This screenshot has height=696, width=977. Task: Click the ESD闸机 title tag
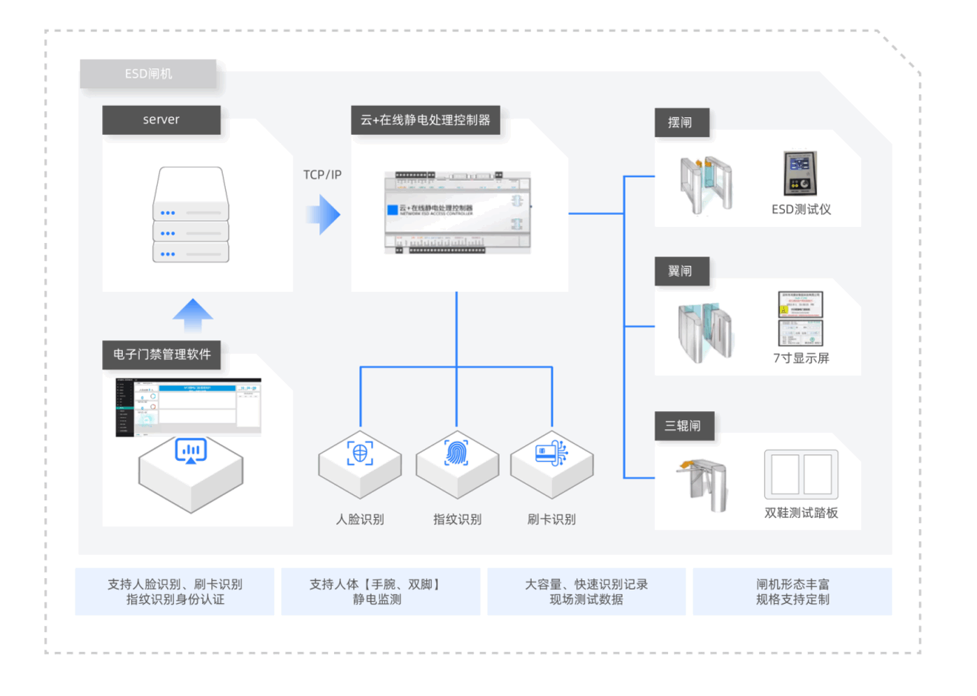pyautogui.click(x=148, y=74)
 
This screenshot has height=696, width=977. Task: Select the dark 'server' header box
pyautogui.click(x=161, y=120)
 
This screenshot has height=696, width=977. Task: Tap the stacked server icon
pyautogui.click(x=191, y=215)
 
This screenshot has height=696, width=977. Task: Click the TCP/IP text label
pyautogui.click(x=322, y=175)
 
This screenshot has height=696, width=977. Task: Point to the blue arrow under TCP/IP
pyautogui.click(x=324, y=214)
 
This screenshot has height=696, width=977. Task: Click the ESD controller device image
pyautogui.click(x=458, y=212)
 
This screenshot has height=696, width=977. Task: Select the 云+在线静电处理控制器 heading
pyautogui.click(x=425, y=120)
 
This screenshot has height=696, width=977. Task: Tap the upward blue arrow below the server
pyautogui.click(x=192, y=315)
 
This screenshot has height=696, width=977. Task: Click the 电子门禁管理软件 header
pyautogui.click(x=161, y=355)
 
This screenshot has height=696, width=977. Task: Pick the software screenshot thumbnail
pyautogui.click(x=189, y=407)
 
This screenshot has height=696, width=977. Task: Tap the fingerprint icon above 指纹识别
pyautogui.click(x=457, y=452)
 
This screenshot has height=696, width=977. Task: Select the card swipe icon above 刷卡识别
pyautogui.click(x=551, y=452)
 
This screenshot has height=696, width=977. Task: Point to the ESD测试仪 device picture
pyautogui.click(x=800, y=173)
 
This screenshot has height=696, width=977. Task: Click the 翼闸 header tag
pyautogui.click(x=680, y=272)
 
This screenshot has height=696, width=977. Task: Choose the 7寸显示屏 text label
pyautogui.click(x=801, y=358)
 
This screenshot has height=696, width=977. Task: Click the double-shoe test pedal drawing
pyautogui.click(x=801, y=475)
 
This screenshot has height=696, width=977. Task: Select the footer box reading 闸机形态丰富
pyautogui.click(x=792, y=592)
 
